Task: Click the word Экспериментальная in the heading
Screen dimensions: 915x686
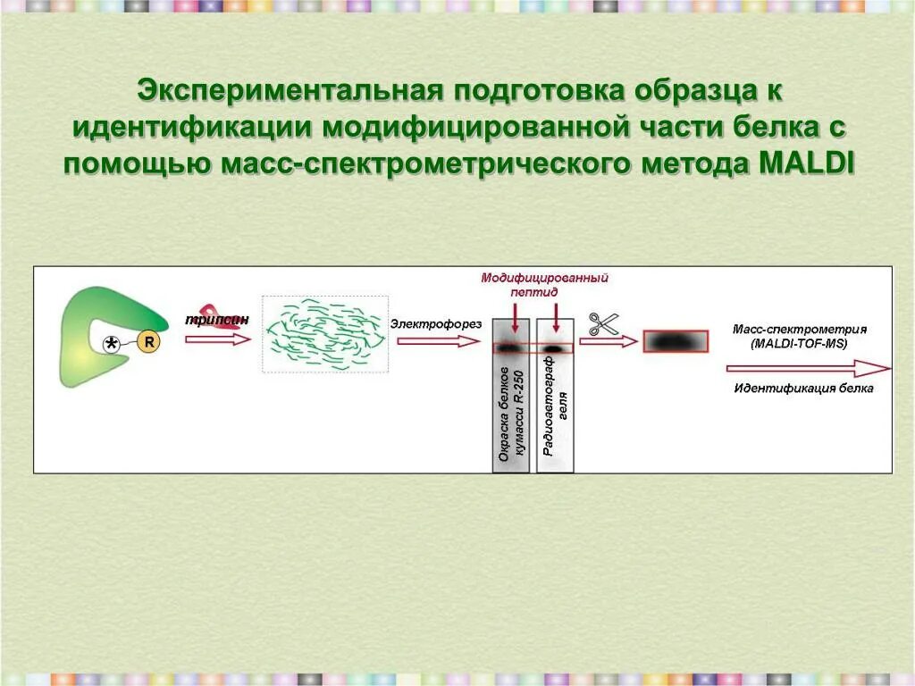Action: point(290,89)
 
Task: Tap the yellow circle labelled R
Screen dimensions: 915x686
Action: point(148,341)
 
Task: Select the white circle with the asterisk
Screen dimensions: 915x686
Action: point(112,343)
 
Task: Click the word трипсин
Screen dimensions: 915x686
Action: point(217,320)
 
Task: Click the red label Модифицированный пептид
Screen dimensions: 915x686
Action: point(545,284)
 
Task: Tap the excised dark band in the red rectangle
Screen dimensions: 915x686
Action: point(675,342)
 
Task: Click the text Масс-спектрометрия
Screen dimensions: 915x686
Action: point(799,329)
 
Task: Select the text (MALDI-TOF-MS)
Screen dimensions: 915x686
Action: point(799,343)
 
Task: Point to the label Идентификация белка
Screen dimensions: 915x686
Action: point(804,389)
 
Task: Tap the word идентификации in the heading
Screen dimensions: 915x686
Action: point(193,127)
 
